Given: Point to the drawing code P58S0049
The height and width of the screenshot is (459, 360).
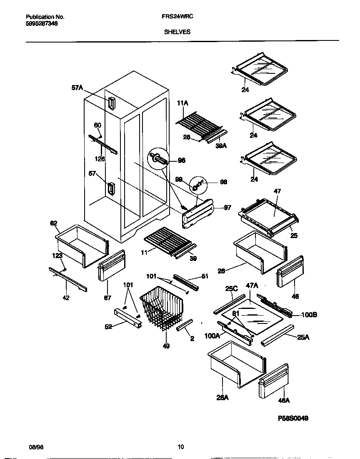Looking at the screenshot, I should coord(293,418).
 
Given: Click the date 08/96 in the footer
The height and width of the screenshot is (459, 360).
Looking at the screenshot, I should coord(36,447).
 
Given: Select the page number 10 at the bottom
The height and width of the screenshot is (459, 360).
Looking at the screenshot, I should coord(180,447).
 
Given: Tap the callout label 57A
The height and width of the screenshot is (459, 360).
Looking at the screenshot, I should coord(77,88).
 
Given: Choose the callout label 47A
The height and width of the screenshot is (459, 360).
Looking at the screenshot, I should coord(252,286).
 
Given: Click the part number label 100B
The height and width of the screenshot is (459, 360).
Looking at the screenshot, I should coord(309,315).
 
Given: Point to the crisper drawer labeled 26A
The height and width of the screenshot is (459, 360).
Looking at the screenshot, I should coord(236,364).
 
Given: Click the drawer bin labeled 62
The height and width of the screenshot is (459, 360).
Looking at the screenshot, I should coord(81,245).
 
